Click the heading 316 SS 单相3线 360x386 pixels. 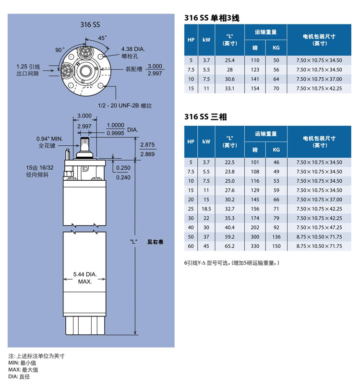point(212,18)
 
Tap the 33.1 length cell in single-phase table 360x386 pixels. point(229,88)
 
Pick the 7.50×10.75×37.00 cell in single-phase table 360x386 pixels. point(319,79)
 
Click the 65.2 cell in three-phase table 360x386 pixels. point(229,246)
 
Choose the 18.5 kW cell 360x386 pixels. point(206,209)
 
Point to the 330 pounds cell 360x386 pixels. point(255,246)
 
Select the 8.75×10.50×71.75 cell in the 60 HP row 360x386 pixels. point(319,246)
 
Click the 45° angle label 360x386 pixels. point(103,37)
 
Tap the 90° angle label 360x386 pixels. point(60,50)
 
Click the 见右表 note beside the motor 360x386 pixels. point(155,242)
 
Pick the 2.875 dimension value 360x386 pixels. point(147,144)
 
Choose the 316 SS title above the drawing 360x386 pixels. point(90,24)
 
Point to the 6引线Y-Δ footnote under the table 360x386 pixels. point(231,263)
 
